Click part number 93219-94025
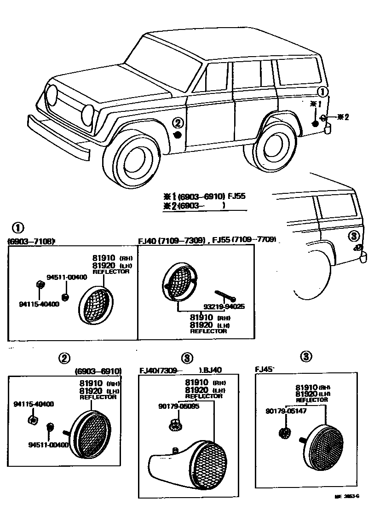click(224, 306)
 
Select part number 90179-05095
click(179, 406)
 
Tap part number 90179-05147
click(286, 411)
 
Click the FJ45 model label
click(264, 369)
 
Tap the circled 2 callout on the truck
click(178, 122)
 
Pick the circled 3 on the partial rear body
click(353, 236)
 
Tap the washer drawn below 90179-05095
click(174, 425)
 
